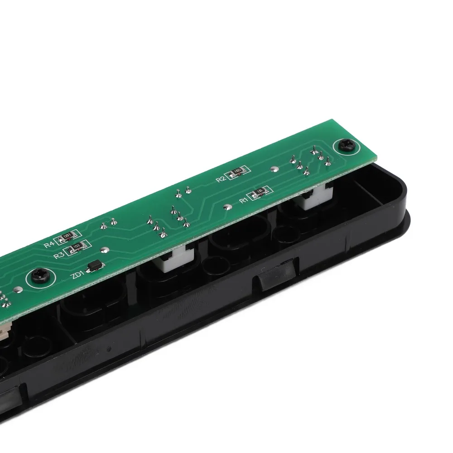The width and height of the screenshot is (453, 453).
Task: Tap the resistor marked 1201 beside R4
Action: (x=67, y=236)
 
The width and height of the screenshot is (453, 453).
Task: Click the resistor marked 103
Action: (x=77, y=246)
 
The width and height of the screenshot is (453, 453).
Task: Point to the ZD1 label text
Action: (x=77, y=275)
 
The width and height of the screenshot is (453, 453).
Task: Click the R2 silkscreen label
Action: (x=221, y=179)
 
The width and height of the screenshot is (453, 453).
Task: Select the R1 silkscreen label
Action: (x=244, y=198)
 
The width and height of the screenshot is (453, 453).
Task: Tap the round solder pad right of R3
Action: (x=105, y=249)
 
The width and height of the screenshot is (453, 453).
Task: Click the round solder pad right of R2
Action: (x=273, y=169)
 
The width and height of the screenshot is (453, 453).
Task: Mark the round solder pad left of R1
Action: (x=227, y=208)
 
